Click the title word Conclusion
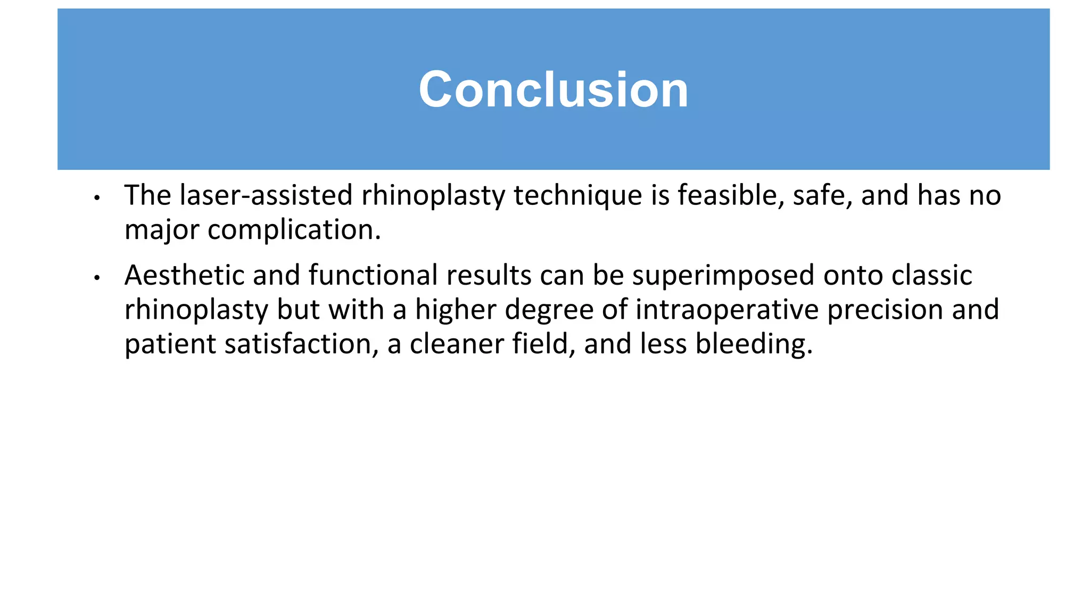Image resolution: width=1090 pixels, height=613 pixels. click(x=554, y=89)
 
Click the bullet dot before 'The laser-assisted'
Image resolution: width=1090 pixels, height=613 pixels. click(x=97, y=198)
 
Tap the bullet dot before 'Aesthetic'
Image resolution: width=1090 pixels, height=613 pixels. click(x=97, y=278)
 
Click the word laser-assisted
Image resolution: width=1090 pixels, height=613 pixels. click(x=266, y=195)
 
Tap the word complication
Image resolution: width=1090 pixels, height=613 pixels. click(x=294, y=230)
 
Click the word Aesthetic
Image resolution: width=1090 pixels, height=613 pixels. click(x=185, y=276)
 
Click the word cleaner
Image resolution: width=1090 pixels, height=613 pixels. click(x=456, y=344)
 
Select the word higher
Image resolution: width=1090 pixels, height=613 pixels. click(x=455, y=310)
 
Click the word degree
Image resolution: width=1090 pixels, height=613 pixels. click(x=549, y=310)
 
